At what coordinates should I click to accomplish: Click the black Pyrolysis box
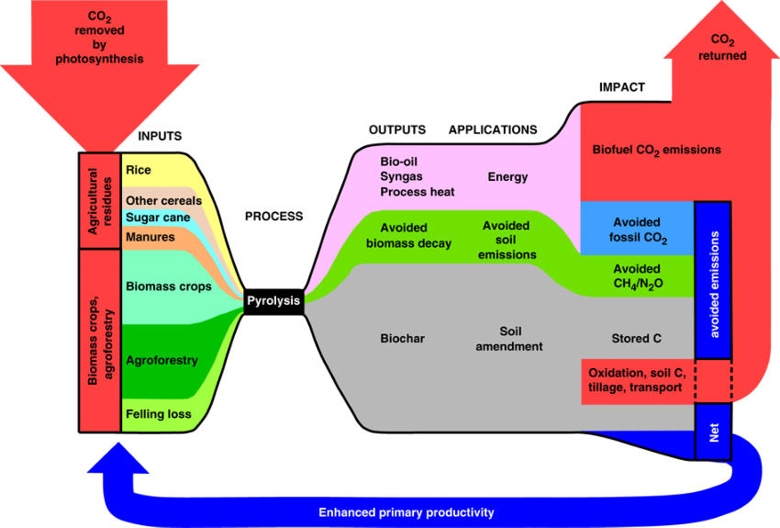pyautogui.click(x=273, y=301)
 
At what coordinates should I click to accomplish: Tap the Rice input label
pyautogui.click(x=139, y=170)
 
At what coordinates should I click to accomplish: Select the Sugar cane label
pyautogui.click(x=158, y=218)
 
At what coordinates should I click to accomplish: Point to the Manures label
pyautogui.click(x=150, y=237)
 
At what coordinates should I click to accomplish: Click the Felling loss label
pyautogui.click(x=158, y=414)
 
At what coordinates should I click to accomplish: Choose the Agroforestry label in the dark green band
pyautogui.click(x=162, y=360)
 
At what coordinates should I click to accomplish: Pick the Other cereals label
pyautogui.click(x=163, y=200)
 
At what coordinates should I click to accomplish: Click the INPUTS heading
pyautogui.click(x=160, y=136)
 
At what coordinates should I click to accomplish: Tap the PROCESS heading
pyautogui.click(x=273, y=217)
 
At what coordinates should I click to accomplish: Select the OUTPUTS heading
pyautogui.click(x=397, y=129)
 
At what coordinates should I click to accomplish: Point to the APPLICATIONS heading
pyautogui.click(x=493, y=129)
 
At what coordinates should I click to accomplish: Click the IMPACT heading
pyautogui.click(x=622, y=87)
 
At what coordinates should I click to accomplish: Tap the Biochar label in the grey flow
pyautogui.click(x=403, y=339)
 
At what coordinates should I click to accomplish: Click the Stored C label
pyautogui.click(x=636, y=339)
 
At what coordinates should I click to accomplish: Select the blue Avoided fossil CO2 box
pyautogui.click(x=637, y=229)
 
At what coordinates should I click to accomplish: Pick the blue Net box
pyautogui.click(x=713, y=432)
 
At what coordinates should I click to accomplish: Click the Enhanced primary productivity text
pyautogui.click(x=407, y=512)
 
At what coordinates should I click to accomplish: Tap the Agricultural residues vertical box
pyautogui.click(x=99, y=200)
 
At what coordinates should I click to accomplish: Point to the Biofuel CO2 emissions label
pyautogui.click(x=657, y=151)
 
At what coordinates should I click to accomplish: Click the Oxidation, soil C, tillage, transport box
pyautogui.click(x=638, y=382)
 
